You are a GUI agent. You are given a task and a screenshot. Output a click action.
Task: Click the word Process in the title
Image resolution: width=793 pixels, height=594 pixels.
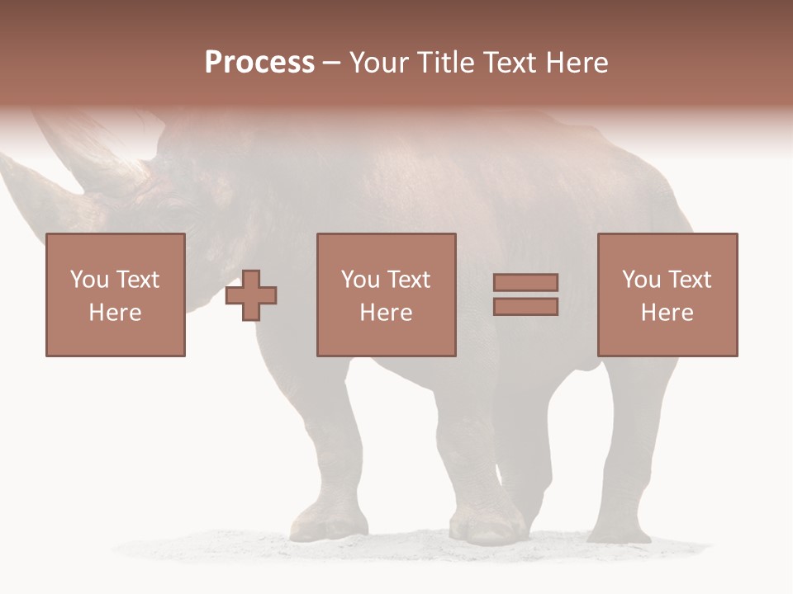point(259,63)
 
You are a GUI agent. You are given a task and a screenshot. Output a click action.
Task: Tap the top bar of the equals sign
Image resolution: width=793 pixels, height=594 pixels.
point(525,283)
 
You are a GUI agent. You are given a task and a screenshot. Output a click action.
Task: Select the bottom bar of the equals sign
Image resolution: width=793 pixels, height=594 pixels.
point(525,306)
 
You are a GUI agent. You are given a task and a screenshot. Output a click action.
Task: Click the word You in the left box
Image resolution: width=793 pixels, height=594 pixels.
point(89,280)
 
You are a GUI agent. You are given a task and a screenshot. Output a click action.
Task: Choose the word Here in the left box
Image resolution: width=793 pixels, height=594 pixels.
point(115,313)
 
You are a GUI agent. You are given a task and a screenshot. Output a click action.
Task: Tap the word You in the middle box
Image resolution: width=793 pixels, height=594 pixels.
point(360,280)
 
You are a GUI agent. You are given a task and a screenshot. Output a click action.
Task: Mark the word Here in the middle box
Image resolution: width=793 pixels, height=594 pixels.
point(386,313)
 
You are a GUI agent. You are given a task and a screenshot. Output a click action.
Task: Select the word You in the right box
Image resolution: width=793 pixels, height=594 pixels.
point(641,280)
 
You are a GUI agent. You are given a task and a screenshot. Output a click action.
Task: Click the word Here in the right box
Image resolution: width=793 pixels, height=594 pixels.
point(667,313)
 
